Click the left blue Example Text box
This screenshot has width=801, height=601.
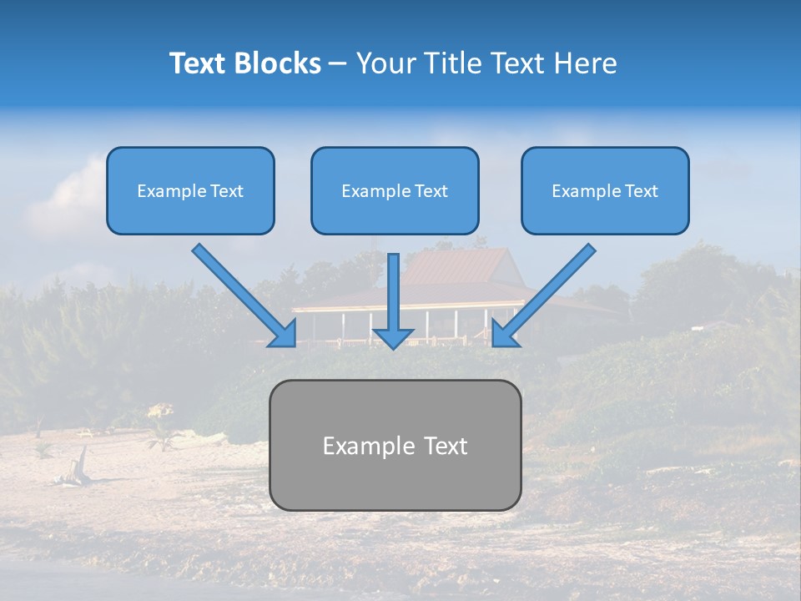[x=190, y=190]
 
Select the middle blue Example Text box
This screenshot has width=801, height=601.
[x=395, y=190]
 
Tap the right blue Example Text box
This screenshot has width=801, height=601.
[x=605, y=190]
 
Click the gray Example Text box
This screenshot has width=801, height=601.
[x=395, y=445]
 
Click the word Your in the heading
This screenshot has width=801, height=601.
[x=384, y=63]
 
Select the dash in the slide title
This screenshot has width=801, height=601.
[x=338, y=63]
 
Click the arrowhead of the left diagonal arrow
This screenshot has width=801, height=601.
[x=284, y=333]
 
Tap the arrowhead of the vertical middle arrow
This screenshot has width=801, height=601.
[x=393, y=337]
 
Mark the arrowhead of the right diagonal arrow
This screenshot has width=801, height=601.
[x=504, y=333]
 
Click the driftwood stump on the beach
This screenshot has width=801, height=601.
[x=80, y=463]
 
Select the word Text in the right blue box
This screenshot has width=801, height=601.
[x=641, y=191]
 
